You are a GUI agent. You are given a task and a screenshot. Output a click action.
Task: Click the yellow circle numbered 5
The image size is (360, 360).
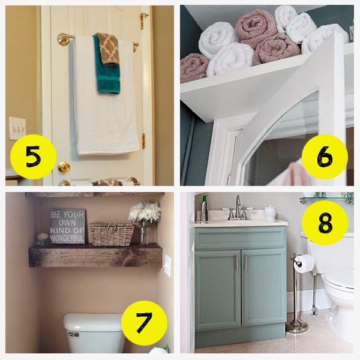coord(33,157)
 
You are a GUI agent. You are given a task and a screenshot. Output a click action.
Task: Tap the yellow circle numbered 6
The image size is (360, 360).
coord(325,157)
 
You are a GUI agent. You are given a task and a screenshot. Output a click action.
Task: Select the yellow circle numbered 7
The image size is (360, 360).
coord(144,323)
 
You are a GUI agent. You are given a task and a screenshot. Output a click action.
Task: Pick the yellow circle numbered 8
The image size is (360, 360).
coord(325,223)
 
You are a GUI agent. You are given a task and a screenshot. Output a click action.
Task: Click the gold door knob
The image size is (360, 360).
coord(64,166)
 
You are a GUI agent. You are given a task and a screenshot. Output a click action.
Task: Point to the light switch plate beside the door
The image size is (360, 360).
coord(17,128)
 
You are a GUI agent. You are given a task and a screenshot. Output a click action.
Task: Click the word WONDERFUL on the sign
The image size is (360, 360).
coord(67,238)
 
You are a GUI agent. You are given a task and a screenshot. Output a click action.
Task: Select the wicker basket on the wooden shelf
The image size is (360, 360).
coord(112,234)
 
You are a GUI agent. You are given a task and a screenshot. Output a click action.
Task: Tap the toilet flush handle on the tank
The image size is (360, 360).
coord(73,334)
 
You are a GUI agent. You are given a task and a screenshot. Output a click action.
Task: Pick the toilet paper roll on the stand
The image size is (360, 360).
coord(304,264)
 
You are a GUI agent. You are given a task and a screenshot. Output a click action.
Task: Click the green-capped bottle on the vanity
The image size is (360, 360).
coord(205,209)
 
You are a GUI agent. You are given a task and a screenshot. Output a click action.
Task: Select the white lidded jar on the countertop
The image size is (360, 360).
coord(270,212)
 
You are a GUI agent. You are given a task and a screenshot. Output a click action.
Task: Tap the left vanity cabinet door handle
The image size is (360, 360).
coord(237,263)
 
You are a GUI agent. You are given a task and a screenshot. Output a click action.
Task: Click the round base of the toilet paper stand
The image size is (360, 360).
coord(297,327)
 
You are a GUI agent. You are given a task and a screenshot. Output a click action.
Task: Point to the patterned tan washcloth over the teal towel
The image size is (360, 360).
coord(107,49)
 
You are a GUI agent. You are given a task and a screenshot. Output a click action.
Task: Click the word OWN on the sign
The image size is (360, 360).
coord(67,223)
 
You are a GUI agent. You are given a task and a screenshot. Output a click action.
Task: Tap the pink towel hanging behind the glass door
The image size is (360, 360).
coord(293,174)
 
